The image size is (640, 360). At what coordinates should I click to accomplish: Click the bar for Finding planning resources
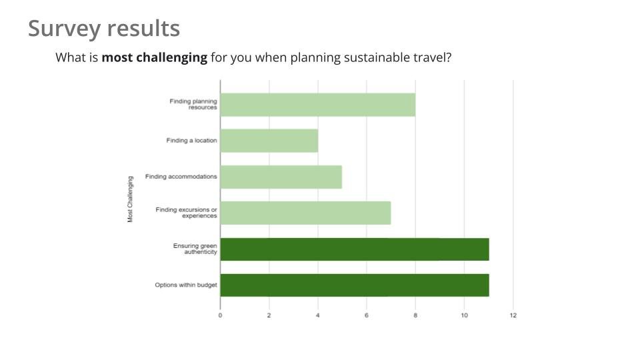pyautogui.click(x=318, y=105)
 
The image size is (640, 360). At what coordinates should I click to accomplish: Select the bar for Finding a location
pyautogui.click(x=269, y=141)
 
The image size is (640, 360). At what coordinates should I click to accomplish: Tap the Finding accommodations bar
pyautogui.click(x=281, y=177)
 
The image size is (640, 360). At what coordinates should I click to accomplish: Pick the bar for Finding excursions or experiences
pyautogui.click(x=306, y=213)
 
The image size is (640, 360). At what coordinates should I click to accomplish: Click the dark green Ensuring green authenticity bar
pyautogui.click(x=355, y=249)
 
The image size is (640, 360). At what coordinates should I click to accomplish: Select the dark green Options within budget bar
pyautogui.click(x=355, y=285)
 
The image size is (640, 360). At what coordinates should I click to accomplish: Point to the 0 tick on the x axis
pyautogui.click(x=221, y=315)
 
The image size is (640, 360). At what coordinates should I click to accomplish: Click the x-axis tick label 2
pyautogui.click(x=269, y=315)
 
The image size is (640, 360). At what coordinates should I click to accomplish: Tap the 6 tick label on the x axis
pyautogui.click(x=367, y=315)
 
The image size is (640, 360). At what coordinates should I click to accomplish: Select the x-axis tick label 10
pyautogui.click(x=464, y=315)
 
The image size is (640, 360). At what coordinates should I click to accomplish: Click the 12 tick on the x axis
pyautogui.click(x=513, y=315)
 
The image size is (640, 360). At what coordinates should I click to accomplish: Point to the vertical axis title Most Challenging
pyautogui.click(x=130, y=199)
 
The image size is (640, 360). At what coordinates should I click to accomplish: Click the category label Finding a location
pyautogui.click(x=191, y=141)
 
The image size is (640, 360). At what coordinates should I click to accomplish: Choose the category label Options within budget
pyautogui.click(x=186, y=285)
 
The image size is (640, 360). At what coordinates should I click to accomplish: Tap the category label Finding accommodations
pyautogui.click(x=181, y=176)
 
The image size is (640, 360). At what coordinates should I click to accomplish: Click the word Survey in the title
pyautogui.click(x=65, y=29)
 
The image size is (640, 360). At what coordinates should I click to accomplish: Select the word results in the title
pyautogui.click(x=143, y=29)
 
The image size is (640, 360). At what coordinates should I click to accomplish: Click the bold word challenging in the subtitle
pyautogui.click(x=171, y=58)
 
